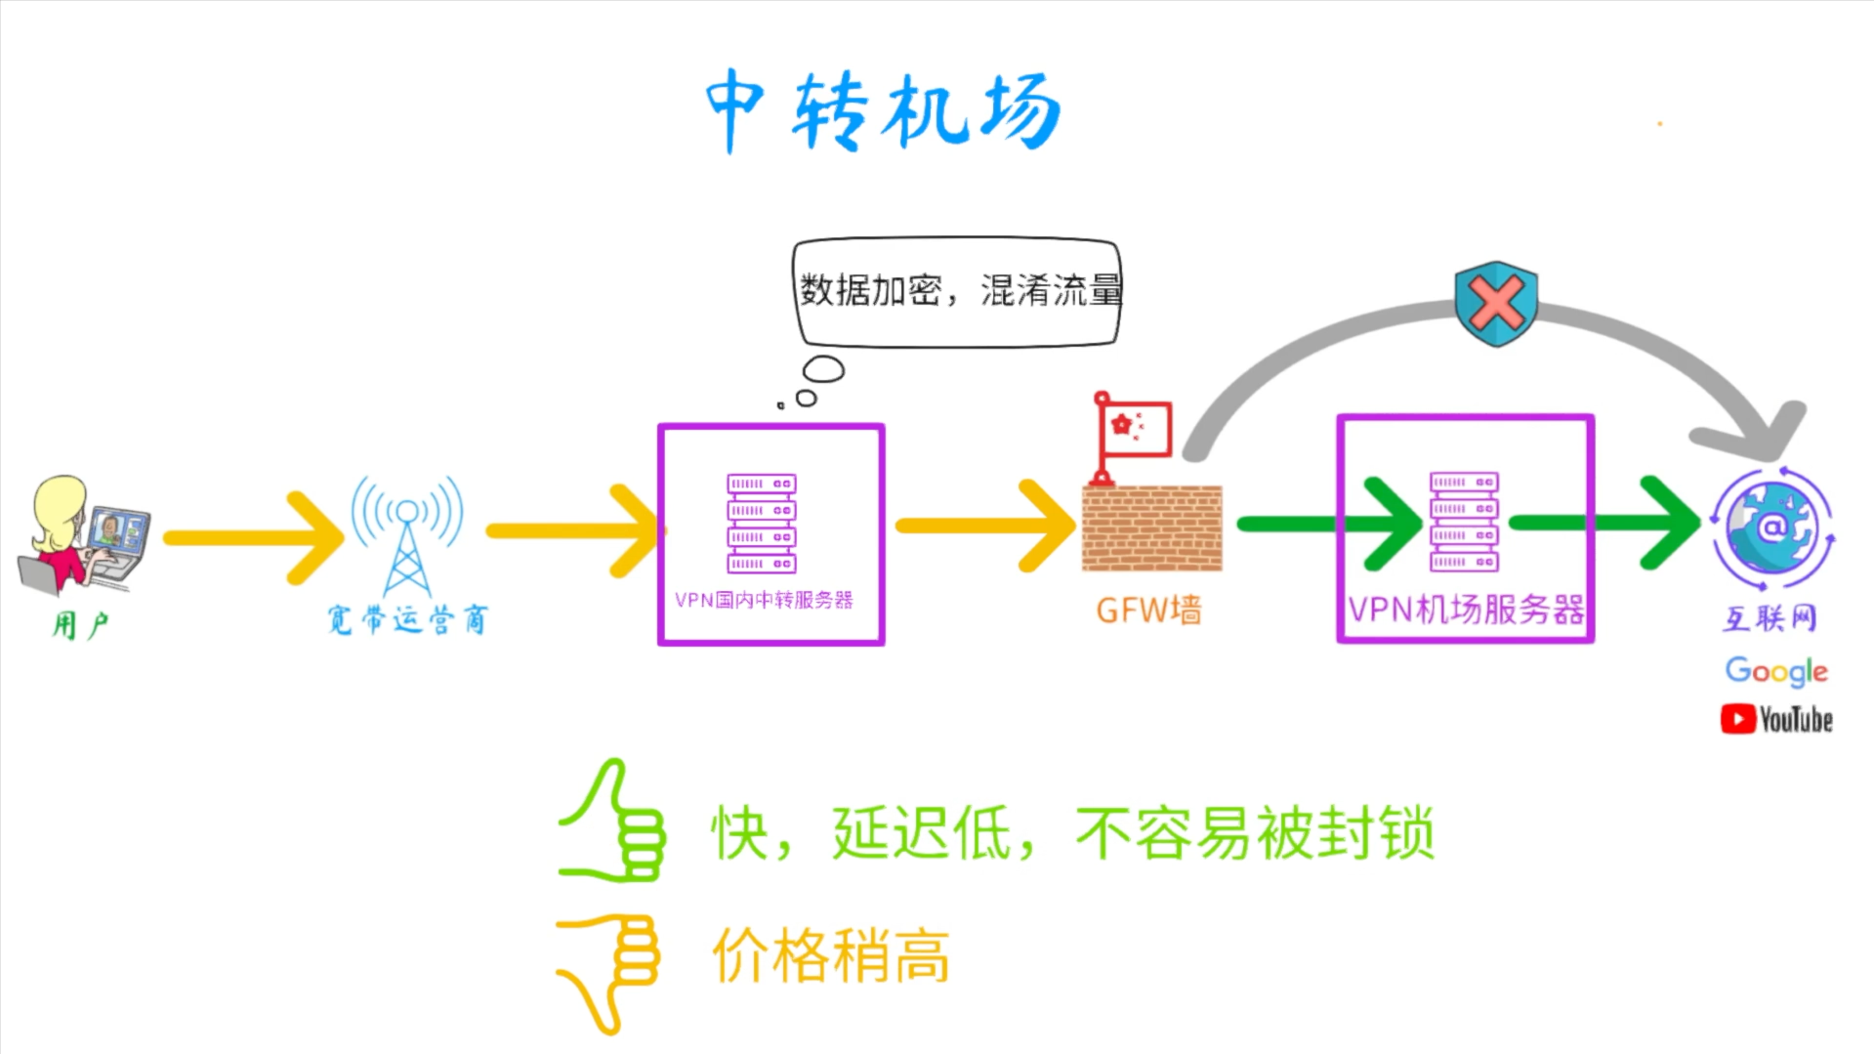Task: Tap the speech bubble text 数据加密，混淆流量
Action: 959,290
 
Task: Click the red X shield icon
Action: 1495,303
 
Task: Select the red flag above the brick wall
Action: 1133,430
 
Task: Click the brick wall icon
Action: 1151,527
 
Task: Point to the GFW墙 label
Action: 1148,611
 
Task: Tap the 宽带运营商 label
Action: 407,619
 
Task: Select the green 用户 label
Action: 80,624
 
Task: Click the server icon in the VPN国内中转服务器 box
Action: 762,524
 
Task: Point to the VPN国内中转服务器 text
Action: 764,600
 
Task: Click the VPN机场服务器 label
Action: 1465,610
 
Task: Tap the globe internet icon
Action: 1772,528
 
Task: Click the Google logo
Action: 1775,671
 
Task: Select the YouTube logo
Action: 1775,720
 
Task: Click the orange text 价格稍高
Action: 831,955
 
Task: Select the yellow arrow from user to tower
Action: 254,537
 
